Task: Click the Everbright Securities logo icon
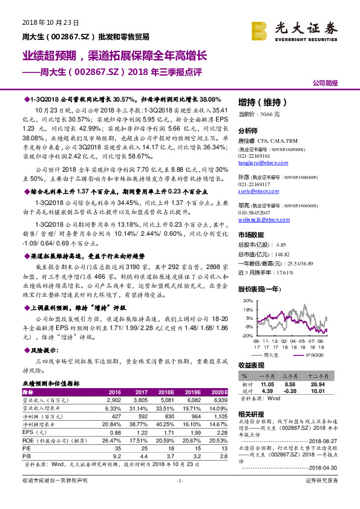click(x=261, y=30)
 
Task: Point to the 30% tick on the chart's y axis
click(x=247, y=300)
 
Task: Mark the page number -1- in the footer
click(x=180, y=497)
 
